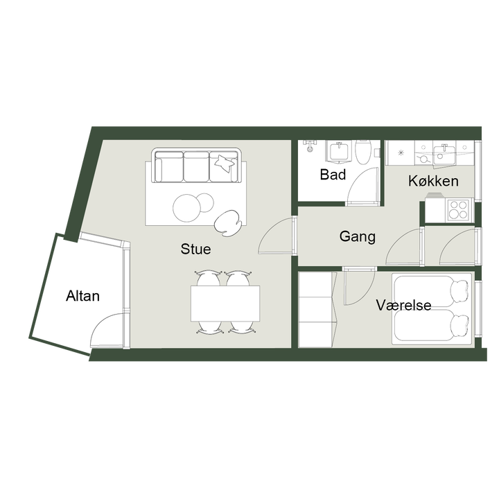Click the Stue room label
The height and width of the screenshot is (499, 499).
195,249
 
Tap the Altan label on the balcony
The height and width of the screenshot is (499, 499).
82,296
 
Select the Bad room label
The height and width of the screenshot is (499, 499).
333,175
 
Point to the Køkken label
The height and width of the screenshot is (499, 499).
433,181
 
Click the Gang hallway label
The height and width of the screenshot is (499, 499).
357,237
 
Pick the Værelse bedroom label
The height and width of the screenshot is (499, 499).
403,305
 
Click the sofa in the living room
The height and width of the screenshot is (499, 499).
196,165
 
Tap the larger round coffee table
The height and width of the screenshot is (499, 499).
186,208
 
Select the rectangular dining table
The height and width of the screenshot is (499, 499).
225,304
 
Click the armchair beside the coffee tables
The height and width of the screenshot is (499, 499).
228,223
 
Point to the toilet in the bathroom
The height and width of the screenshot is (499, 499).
363,152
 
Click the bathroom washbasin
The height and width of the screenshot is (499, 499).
338,151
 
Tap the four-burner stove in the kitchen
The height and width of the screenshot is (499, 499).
459,209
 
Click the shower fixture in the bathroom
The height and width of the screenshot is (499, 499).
309,146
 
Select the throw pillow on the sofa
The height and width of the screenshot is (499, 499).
225,164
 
